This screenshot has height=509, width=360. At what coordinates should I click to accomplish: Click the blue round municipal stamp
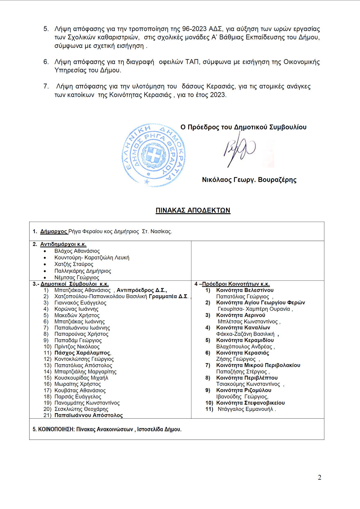point(154,155)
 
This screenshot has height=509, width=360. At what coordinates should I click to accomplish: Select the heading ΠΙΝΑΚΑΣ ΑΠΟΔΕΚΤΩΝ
point(193,210)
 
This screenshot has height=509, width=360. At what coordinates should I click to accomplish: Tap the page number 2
point(319,478)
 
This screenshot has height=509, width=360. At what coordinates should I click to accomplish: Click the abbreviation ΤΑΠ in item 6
point(192,62)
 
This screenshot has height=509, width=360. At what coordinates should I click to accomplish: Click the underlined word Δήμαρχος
point(54,232)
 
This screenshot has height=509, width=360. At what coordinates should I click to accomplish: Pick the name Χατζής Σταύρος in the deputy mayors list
point(74,264)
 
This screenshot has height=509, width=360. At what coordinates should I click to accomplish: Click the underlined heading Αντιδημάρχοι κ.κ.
point(63,244)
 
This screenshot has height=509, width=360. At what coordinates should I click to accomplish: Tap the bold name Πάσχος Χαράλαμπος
point(82,353)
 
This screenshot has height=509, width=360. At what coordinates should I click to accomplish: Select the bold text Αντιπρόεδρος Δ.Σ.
point(141,290)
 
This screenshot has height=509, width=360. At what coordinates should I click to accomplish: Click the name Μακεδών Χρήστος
point(77,315)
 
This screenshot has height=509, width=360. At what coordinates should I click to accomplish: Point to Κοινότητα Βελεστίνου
point(245,290)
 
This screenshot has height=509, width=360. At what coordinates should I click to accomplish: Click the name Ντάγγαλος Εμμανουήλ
point(245,409)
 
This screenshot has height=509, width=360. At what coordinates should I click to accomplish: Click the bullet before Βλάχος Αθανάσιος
point(45,251)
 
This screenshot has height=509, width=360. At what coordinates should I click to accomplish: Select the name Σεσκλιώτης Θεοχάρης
point(81,409)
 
